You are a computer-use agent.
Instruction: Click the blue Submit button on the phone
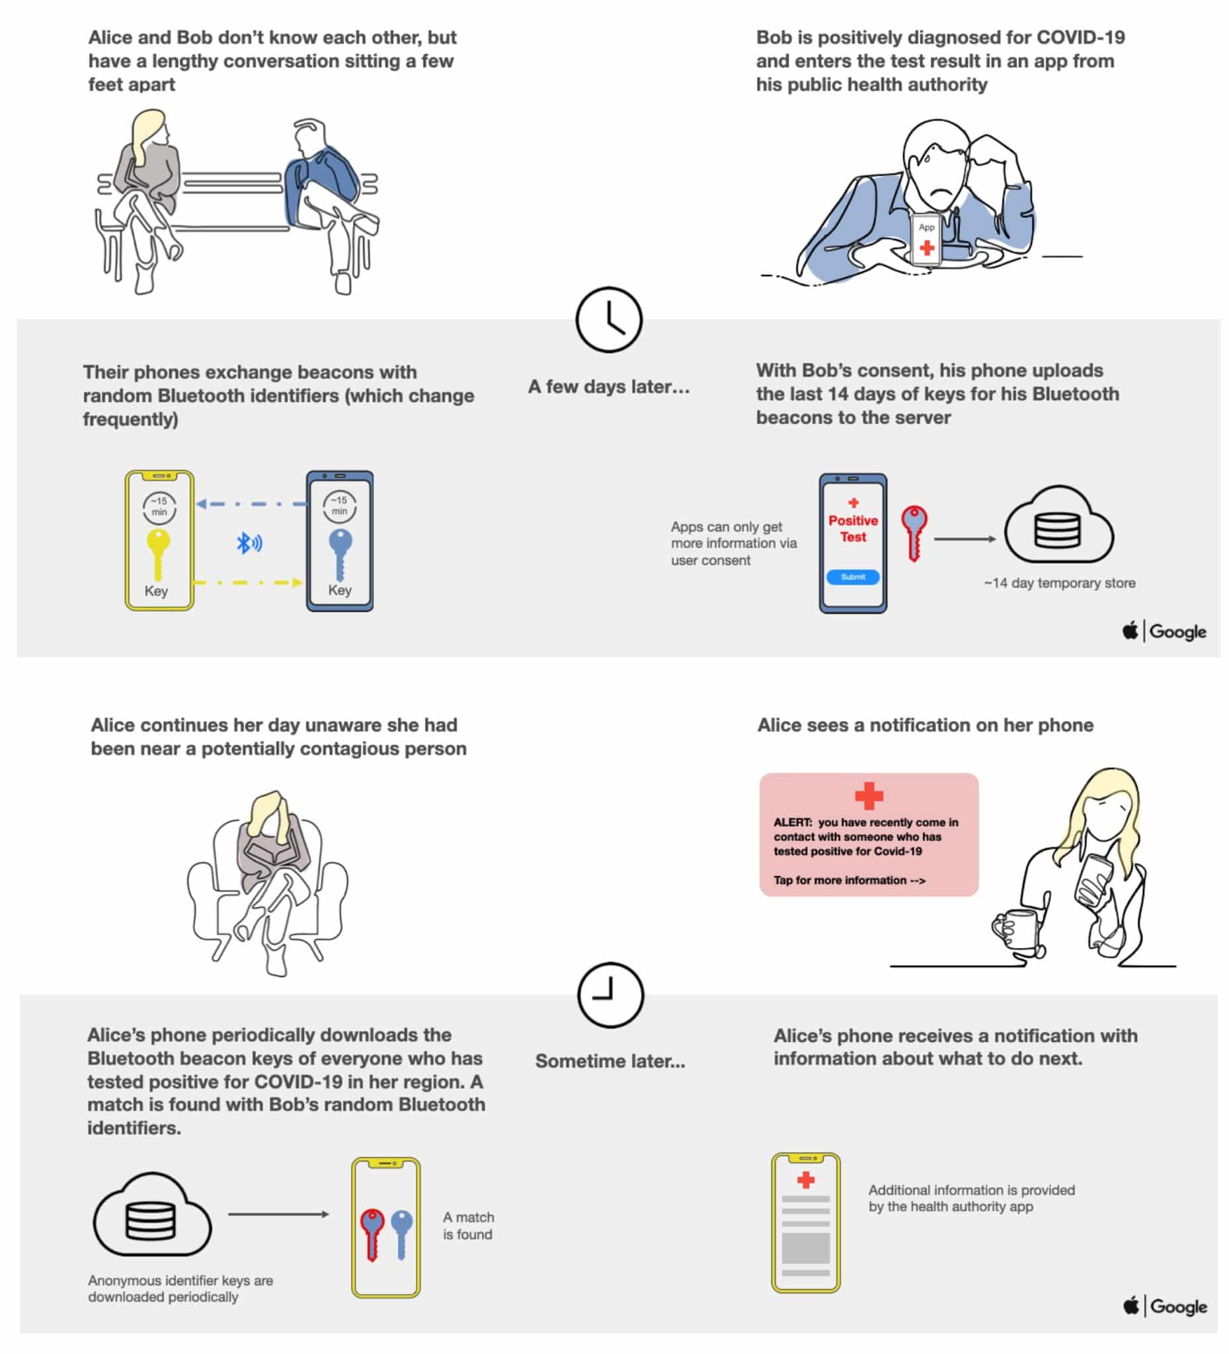(852, 577)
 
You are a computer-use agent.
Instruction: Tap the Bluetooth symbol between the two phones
(249, 543)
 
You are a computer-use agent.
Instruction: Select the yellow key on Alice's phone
(158, 552)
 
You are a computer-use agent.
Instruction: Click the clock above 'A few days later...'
(609, 320)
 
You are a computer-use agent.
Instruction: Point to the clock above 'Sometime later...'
(610, 996)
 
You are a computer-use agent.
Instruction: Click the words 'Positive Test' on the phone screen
(853, 528)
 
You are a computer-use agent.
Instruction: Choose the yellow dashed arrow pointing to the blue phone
(249, 582)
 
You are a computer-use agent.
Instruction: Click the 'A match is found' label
(468, 1226)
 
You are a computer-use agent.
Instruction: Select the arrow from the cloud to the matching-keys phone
(278, 1215)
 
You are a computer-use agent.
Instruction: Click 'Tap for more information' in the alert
(849, 880)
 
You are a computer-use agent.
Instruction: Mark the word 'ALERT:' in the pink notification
(793, 822)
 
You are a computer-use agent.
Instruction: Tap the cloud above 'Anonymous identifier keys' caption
(153, 1216)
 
